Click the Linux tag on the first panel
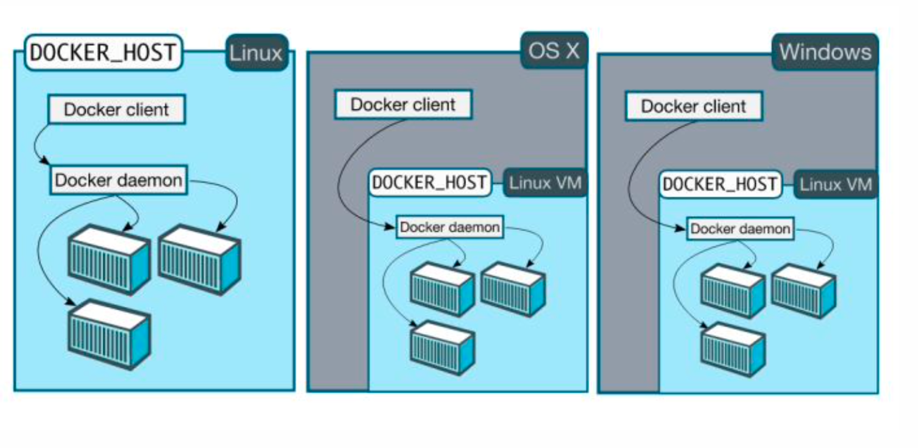[256, 53]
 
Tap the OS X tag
[554, 50]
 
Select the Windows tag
[825, 52]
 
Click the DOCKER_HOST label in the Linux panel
[103, 52]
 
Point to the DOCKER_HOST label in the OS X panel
[430, 183]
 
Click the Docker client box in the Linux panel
[117, 110]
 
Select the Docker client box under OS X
[403, 105]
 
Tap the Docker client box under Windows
[694, 106]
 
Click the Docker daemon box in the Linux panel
[118, 180]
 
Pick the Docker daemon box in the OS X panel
[449, 227]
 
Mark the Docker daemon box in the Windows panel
[740, 229]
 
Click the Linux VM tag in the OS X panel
[545, 183]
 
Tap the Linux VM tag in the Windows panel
[835, 185]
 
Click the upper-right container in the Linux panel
[199, 259]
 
